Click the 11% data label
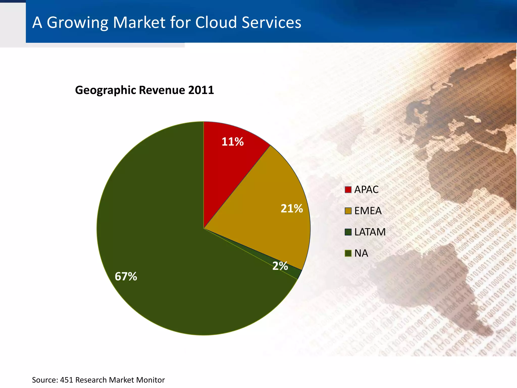[x=232, y=142]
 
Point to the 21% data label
[x=292, y=209]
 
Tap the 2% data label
[x=280, y=266]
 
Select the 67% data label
[x=126, y=276]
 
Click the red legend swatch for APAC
[x=348, y=190]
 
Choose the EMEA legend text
[x=368, y=211]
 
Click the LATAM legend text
[x=370, y=232]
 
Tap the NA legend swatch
[x=348, y=253]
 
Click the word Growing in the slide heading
[x=77, y=23]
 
